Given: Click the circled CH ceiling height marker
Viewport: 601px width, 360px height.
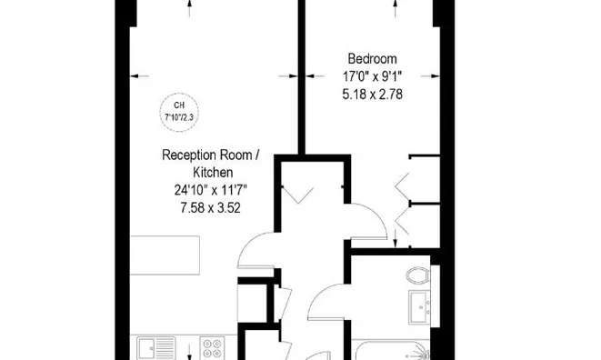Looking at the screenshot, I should pos(180,110).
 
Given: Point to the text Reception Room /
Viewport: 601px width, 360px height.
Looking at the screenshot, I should pos(211,155).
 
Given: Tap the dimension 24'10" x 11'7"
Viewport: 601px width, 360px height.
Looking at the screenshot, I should pos(211,190).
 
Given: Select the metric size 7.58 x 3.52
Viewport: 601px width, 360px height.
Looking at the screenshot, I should pos(211,207).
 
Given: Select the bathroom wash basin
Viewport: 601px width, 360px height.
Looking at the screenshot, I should pos(419,307).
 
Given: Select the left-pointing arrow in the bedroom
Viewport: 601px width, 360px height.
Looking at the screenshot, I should pos(312,76).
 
